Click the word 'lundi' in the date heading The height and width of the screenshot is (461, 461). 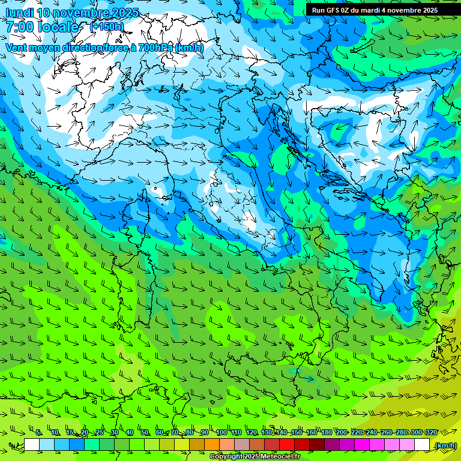[x=19, y=13]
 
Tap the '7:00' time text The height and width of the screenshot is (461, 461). [x=20, y=27]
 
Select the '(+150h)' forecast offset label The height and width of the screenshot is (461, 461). [x=106, y=26]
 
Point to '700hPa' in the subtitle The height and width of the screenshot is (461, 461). [x=155, y=47]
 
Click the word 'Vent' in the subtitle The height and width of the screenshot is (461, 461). [x=17, y=47]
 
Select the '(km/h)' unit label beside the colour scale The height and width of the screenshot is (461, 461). [x=445, y=445]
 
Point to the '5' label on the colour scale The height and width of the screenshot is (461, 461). [x=38, y=433]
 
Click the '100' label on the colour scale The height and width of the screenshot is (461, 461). [x=221, y=433]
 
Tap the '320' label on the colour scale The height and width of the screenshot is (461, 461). [x=430, y=433]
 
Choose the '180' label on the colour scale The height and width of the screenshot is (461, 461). [x=326, y=433]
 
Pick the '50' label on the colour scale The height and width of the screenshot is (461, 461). [x=145, y=433]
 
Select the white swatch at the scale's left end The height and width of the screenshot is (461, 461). [x=32, y=444]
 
